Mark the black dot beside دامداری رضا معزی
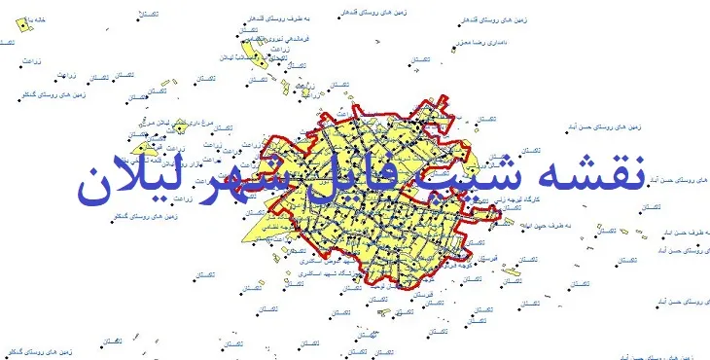click(x=452, y=44)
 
